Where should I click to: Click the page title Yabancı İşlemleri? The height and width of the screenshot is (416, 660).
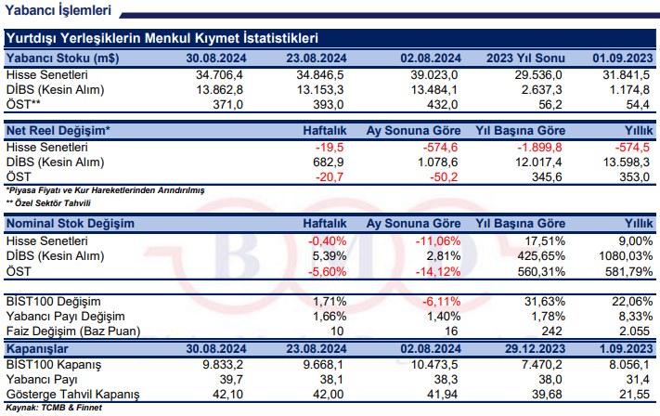[58, 11]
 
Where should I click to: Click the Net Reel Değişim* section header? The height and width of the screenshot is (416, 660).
[58, 130]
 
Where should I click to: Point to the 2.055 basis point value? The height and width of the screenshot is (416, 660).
[632, 331]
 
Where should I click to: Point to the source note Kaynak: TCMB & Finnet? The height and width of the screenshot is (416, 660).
[53, 407]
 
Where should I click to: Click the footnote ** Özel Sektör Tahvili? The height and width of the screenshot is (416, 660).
[51, 201]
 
